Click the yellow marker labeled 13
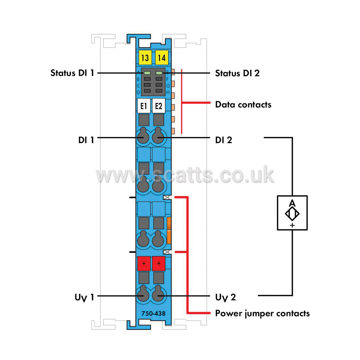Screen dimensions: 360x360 pyautogui.click(x=145, y=57)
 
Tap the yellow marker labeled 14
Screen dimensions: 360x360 pyautogui.click(x=162, y=57)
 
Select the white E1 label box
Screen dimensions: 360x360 pyautogui.click(x=144, y=106)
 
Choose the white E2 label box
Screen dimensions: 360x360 pyautogui.click(x=159, y=106)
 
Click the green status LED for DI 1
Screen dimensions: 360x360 pyautogui.click(x=147, y=73)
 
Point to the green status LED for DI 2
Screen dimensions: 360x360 pyautogui.click(x=159, y=73)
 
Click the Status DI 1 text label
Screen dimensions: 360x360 pyautogui.click(x=72, y=73)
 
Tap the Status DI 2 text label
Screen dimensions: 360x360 pyautogui.click(x=237, y=73)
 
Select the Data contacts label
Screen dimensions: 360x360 pyautogui.click(x=243, y=105)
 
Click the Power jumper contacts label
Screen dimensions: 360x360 pyautogui.click(x=262, y=314)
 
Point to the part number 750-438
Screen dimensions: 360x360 pyautogui.click(x=153, y=313)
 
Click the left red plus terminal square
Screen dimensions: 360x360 pyautogui.click(x=144, y=263)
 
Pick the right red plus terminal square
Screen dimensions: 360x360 pyautogui.click(x=159, y=263)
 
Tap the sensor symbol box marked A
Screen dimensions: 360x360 pyautogui.click(x=292, y=213)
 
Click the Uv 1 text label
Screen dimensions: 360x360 pyautogui.click(x=84, y=297)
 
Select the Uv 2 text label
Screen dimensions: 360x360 pyautogui.click(x=225, y=297)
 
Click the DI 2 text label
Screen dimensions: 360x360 pyautogui.click(x=224, y=140)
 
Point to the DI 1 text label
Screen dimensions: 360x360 pyautogui.click(x=86, y=140)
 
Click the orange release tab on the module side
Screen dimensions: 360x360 pyautogui.click(x=169, y=230)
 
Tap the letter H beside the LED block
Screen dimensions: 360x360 pyautogui.click(x=168, y=92)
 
